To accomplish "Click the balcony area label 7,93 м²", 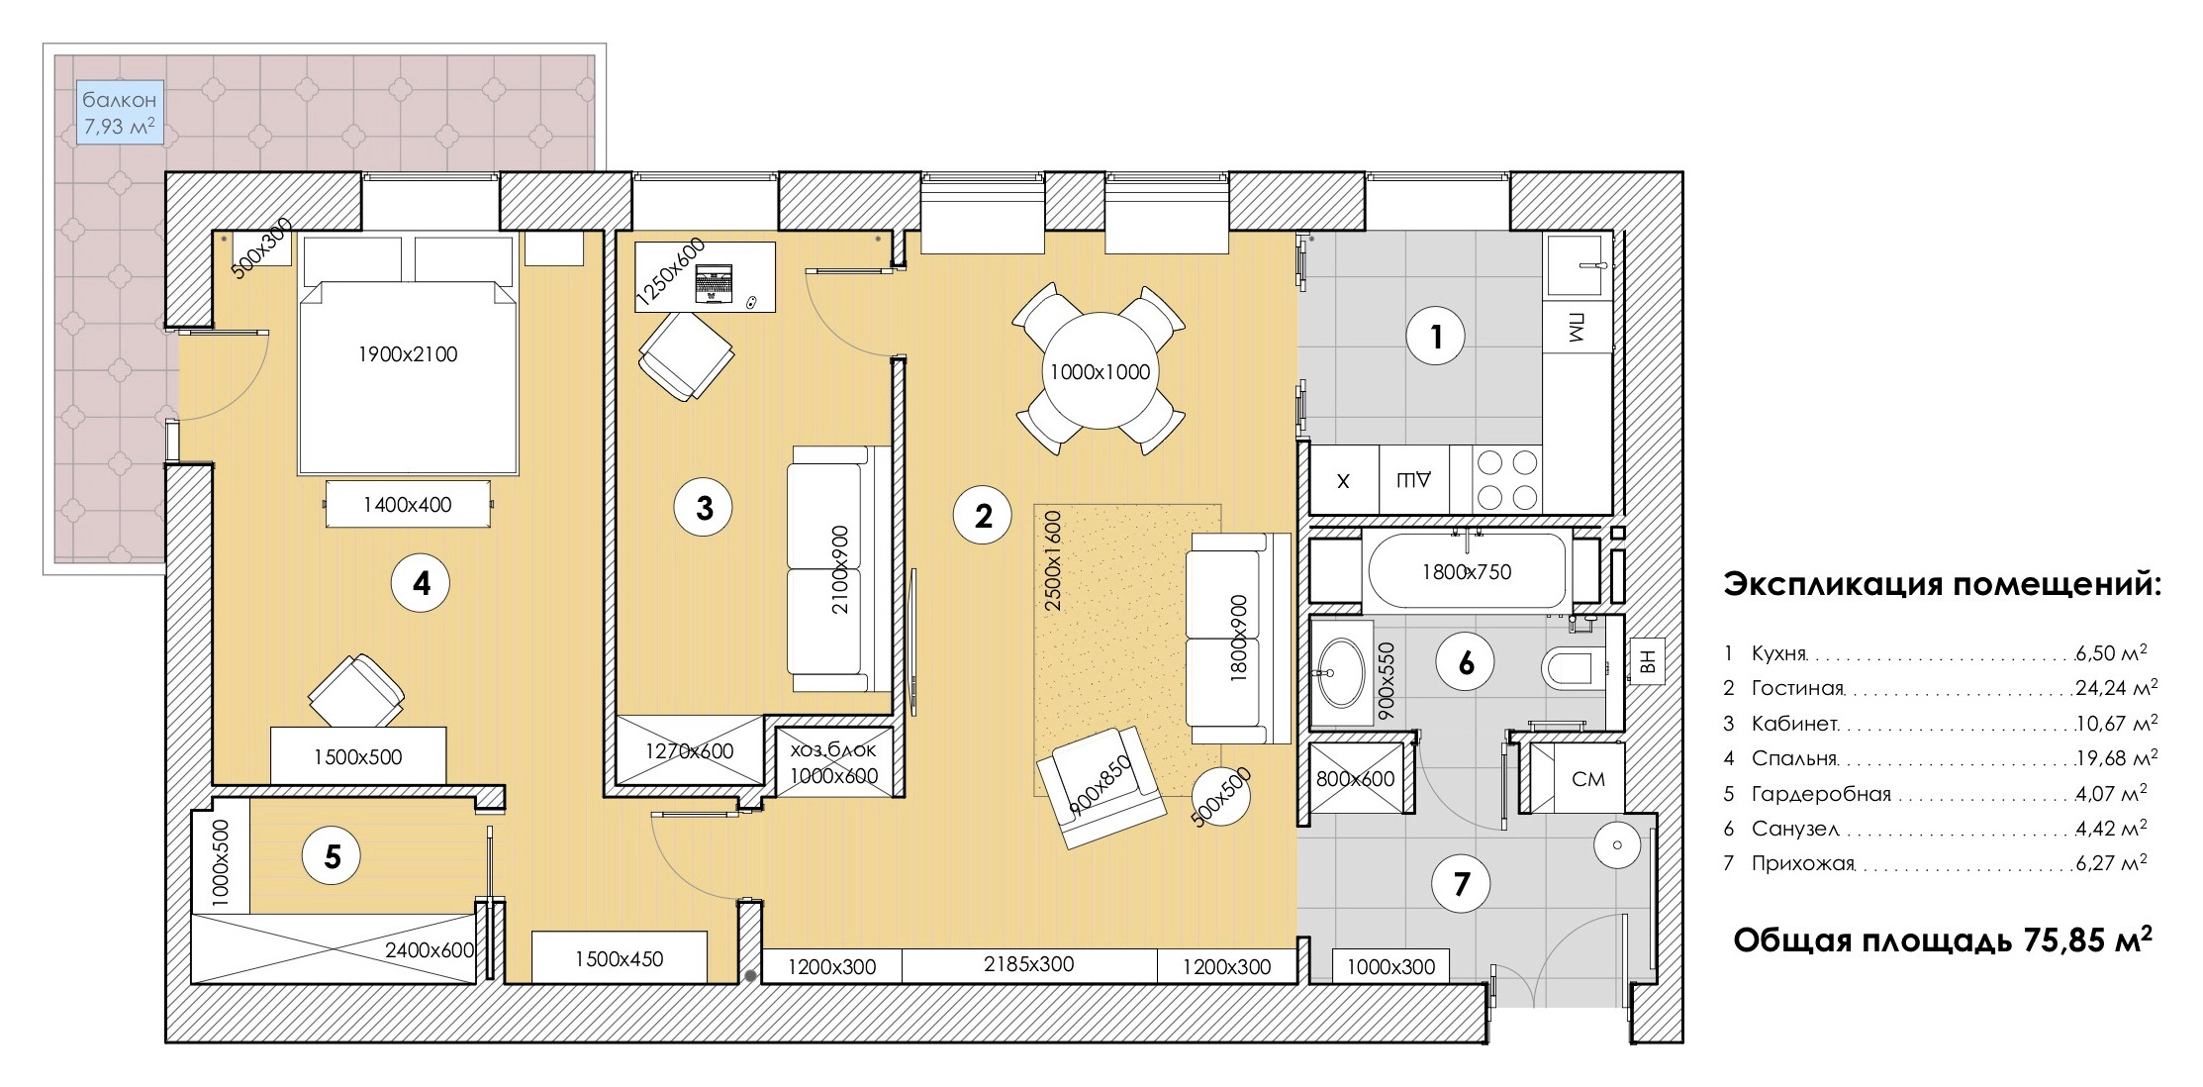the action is click(119, 127).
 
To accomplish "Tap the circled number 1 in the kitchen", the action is click(1436, 338).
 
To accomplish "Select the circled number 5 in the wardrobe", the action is click(333, 856).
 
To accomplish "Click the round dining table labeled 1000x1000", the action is click(1100, 371).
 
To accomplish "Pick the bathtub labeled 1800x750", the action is click(1467, 571).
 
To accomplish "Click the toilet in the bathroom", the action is click(1571, 668).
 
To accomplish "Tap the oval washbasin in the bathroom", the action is click(1341, 672).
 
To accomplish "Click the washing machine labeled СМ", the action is click(1587, 778).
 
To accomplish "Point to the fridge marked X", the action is click(1343, 480).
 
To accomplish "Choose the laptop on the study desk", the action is click(714, 283).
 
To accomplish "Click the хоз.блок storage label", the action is click(833, 749).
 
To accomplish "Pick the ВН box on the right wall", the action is click(1648, 660).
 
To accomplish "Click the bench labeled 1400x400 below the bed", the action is click(409, 504).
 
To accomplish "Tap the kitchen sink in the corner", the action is click(1578, 265).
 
